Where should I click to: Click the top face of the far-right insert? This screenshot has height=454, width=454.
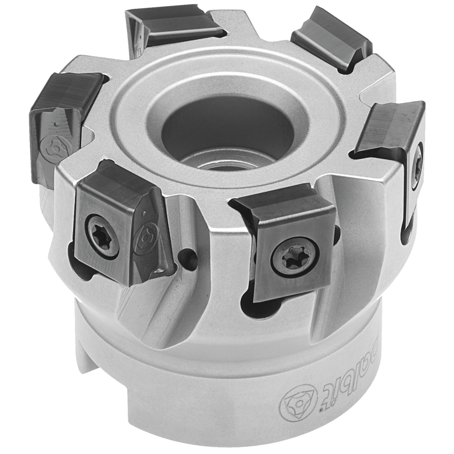(390, 127)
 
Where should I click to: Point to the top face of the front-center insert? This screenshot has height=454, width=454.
(281, 204)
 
